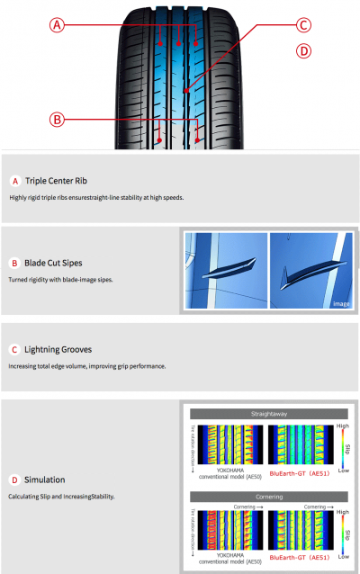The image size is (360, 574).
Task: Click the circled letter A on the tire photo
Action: click(x=57, y=26)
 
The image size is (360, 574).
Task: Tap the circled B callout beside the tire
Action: click(x=57, y=119)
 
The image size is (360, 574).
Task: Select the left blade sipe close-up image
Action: click(x=225, y=267)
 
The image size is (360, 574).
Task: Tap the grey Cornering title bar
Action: click(x=271, y=497)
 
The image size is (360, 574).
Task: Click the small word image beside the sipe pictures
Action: click(x=341, y=304)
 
